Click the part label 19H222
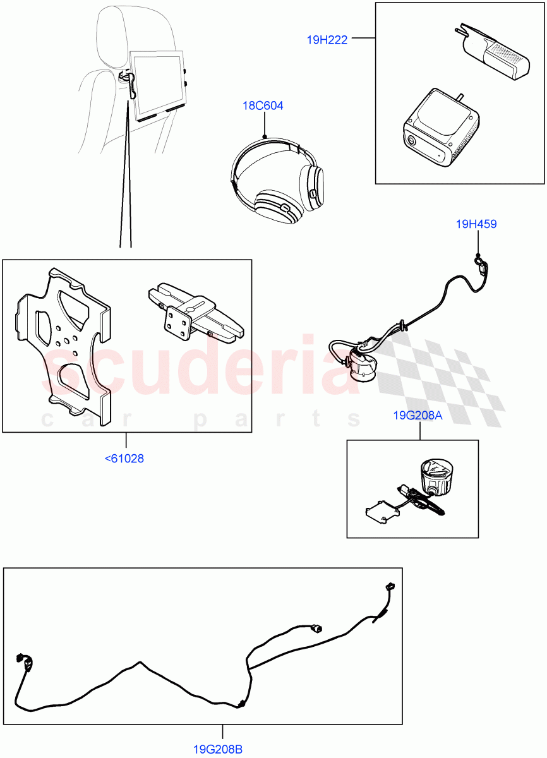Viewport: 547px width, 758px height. [327, 39]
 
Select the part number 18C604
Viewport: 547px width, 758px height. [263, 105]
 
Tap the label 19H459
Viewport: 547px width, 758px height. [476, 223]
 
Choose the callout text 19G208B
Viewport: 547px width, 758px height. [218, 750]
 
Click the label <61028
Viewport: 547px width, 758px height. [124, 459]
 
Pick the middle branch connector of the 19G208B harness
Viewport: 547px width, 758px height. [315, 628]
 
